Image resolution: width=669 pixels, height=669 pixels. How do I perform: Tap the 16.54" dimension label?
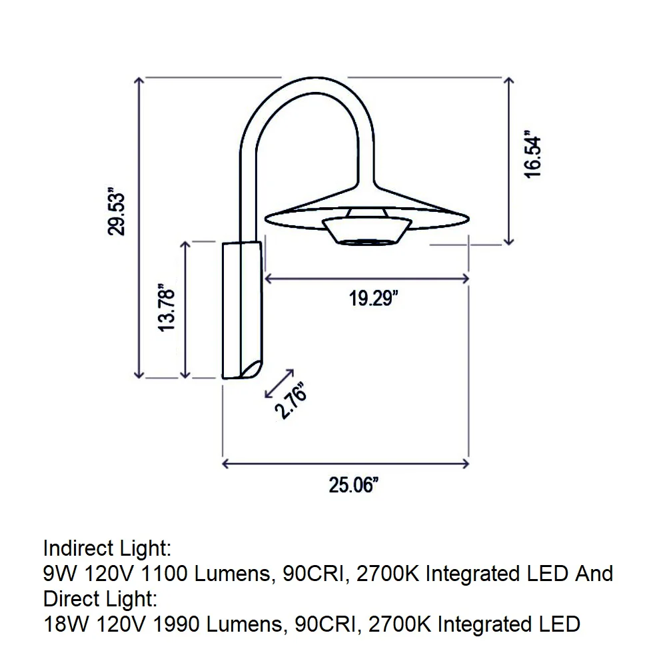tap(533, 154)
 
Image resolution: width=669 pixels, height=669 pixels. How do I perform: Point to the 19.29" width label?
tap(373, 298)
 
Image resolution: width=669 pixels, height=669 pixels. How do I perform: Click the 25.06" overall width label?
tap(353, 485)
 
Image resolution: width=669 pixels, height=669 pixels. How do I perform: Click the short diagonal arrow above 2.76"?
tap(279, 384)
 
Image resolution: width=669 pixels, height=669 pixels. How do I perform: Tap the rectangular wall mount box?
tap(242, 311)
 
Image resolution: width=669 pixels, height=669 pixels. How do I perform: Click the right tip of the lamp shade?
tap(469, 219)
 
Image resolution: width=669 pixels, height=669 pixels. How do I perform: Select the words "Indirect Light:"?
tap(107, 548)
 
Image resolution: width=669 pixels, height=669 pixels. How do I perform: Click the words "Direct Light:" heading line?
tap(101, 598)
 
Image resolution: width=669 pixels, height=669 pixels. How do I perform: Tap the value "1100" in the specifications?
tap(163, 574)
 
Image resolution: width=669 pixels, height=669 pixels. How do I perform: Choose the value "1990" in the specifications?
tap(176, 624)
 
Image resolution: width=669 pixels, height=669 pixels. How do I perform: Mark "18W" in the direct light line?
tap(66, 624)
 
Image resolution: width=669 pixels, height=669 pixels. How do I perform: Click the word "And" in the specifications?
tap(594, 574)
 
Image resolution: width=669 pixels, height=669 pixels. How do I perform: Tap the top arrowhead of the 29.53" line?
tap(139, 80)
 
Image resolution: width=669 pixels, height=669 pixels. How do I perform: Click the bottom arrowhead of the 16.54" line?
tap(508, 242)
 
